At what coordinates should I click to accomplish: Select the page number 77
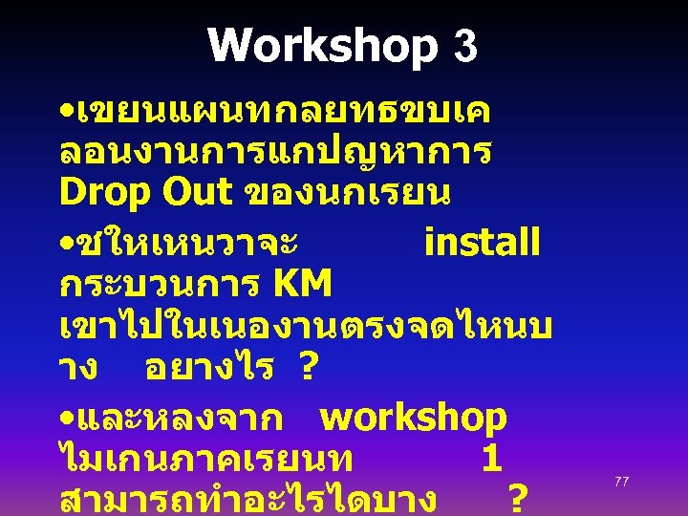coord(621,482)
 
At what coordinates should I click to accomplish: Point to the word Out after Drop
coord(195,192)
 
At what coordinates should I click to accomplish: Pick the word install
coord(482,243)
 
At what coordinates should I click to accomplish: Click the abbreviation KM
coord(302,284)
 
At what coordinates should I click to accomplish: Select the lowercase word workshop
coord(413,418)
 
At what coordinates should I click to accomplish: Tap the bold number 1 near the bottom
coord(491,460)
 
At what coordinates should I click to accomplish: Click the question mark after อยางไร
coord(309,367)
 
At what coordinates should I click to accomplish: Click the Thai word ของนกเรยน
coord(349,192)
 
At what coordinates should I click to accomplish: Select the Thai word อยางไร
coord(209,367)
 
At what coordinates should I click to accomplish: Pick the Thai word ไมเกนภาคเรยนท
coord(205,460)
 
